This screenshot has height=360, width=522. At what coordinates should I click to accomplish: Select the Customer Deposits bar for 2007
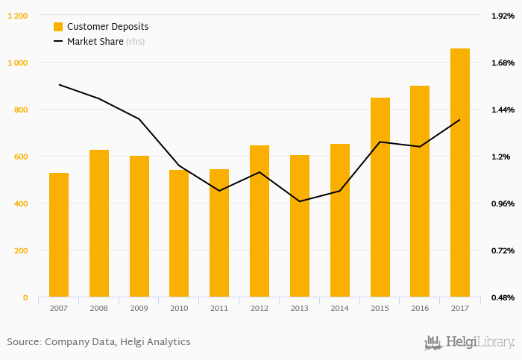coord(59,235)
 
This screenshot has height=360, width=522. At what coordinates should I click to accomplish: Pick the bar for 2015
coord(380,198)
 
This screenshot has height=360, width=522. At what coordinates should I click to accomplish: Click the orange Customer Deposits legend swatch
coord(58,27)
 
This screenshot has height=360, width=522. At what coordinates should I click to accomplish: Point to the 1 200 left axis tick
coord(17,16)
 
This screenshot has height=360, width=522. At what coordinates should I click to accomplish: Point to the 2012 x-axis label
coord(260,308)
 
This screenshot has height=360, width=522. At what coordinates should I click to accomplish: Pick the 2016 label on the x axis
coord(420,308)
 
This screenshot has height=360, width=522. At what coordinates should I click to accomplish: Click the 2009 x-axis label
coord(139,308)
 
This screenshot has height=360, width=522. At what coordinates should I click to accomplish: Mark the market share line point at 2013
coord(300,201)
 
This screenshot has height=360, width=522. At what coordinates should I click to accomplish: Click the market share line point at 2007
coord(59,85)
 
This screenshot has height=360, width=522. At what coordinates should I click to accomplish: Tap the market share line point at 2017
coord(460,119)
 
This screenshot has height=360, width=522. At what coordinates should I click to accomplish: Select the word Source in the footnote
coord(22,342)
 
